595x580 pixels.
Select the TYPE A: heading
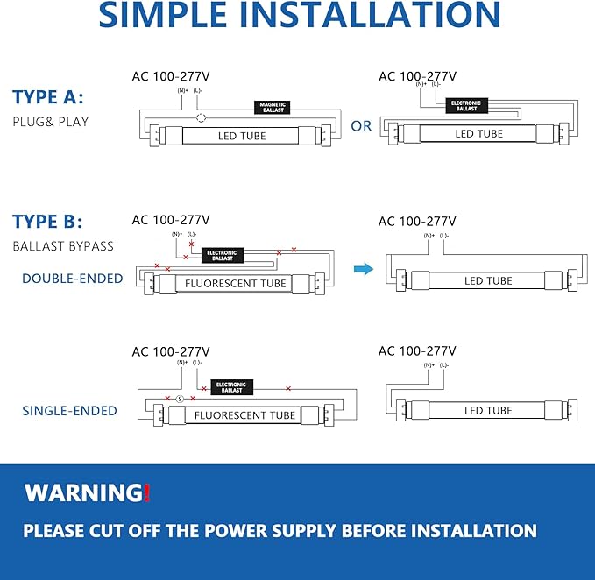(48, 97)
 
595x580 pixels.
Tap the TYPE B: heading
(48, 222)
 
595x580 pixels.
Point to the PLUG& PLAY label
(51, 121)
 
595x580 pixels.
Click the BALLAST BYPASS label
(63, 246)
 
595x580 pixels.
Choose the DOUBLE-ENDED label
(73, 279)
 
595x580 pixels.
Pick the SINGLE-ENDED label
(70, 410)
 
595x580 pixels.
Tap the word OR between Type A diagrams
(361, 126)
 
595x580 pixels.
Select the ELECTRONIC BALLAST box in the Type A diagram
(466, 105)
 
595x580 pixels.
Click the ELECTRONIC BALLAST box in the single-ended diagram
(231, 386)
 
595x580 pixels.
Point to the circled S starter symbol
(180, 400)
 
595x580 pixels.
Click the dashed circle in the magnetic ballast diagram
(201, 118)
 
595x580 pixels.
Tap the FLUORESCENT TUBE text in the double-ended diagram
(235, 284)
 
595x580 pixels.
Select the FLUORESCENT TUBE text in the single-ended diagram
(244, 415)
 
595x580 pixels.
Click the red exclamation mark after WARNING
(146, 492)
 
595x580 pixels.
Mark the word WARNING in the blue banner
(82, 492)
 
